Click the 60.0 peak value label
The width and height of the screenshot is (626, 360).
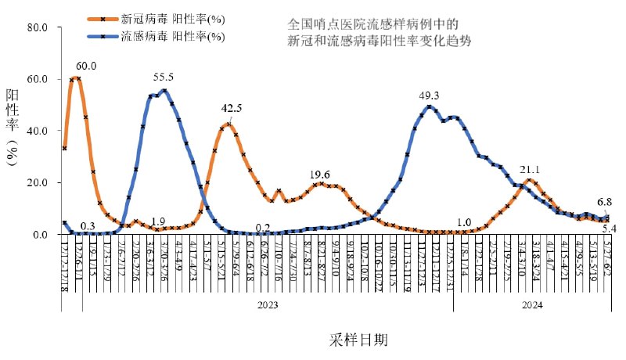pos(86,66)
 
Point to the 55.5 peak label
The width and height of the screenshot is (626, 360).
pos(164,77)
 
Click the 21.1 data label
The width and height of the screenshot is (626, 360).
pos(531,169)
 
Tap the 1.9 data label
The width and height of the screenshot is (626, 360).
pos(158,221)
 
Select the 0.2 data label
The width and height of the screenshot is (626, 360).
pos(263,228)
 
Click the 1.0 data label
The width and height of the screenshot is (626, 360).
pos(463,222)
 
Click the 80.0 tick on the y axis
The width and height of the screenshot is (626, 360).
pos(38,27)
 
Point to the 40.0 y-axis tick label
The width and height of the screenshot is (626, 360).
pos(38,131)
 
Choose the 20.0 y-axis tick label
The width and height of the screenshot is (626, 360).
pos(38,182)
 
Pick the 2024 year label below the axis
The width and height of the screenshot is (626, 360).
pos(531,305)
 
